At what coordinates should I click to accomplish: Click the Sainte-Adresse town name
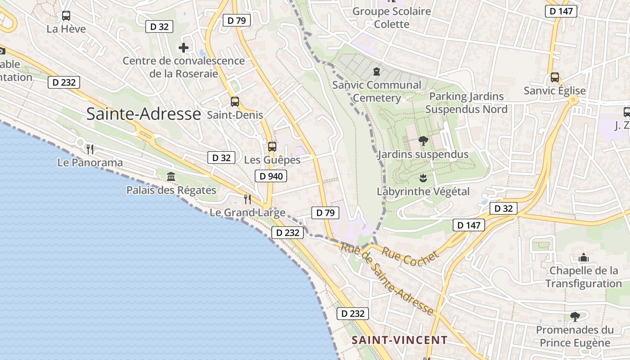click(143, 114)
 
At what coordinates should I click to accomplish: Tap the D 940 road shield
click(271, 176)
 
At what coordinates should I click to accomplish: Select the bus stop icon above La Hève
click(66, 16)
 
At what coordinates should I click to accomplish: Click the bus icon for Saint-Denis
click(235, 102)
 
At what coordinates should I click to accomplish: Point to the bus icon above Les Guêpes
click(272, 146)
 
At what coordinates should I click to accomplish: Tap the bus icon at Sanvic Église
click(554, 77)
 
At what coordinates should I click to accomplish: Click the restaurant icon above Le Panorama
click(90, 149)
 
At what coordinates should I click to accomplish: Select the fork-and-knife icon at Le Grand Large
click(247, 199)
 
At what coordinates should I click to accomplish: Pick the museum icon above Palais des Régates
click(171, 177)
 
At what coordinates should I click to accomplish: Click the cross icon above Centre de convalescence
click(184, 47)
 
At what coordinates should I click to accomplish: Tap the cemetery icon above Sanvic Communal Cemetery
click(376, 72)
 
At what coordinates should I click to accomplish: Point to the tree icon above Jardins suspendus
click(423, 141)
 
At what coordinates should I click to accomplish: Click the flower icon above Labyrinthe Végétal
click(423, 178)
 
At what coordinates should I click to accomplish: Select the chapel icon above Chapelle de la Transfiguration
click(584, 257)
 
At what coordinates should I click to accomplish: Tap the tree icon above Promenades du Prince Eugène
click(575, 316)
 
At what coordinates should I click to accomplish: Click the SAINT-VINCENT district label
click(400, 340)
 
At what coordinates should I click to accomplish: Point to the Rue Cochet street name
click(410, 257)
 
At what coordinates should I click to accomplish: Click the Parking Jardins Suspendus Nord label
click(466, 103)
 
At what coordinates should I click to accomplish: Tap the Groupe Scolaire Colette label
click(391, 18)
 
